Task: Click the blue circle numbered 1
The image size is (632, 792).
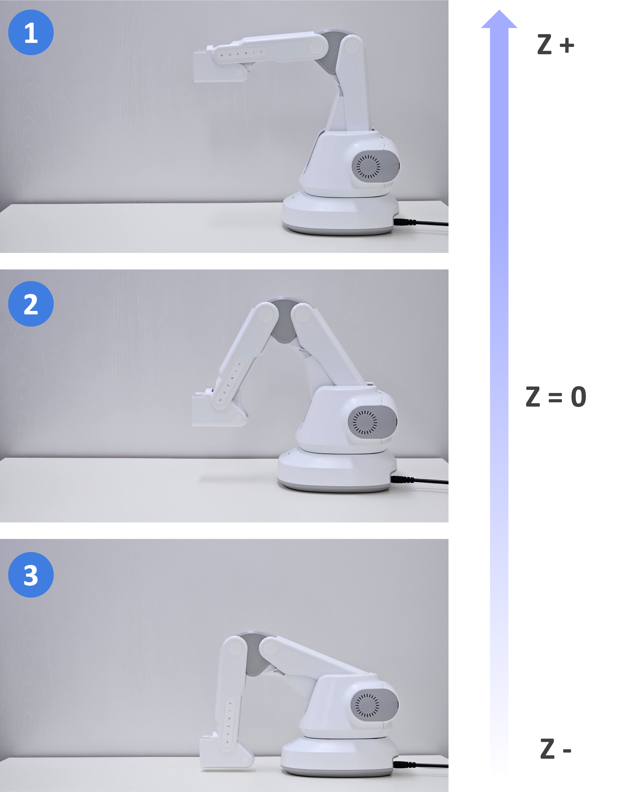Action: tap(31, 32)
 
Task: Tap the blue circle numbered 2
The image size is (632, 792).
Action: tap(31, 304)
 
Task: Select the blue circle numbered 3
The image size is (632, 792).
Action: tap(31, 575)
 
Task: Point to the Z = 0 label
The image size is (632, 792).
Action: tap(556, 397)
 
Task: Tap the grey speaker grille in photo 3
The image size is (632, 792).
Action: tap(374, 705)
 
